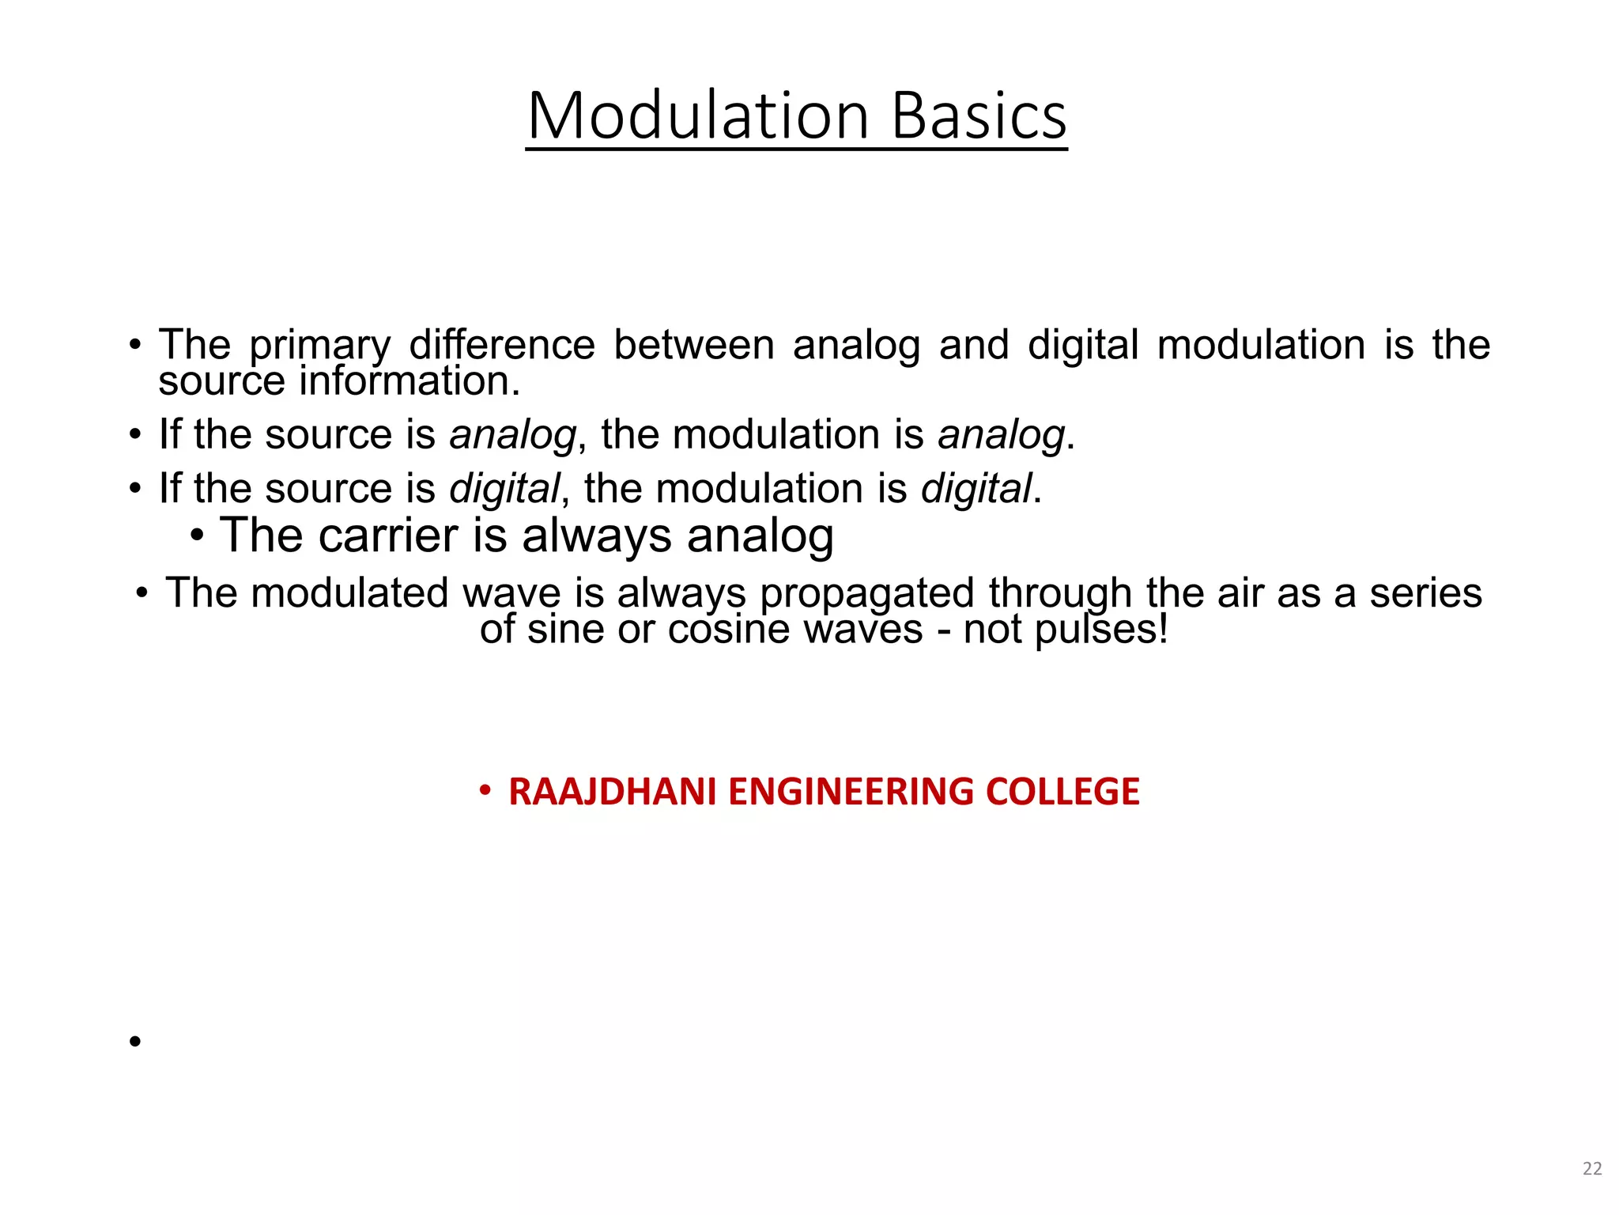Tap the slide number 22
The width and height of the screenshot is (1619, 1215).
[1592, 1168]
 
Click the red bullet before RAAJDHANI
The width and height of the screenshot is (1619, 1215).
[485, 790]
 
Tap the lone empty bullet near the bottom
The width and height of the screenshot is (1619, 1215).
[135, 1041]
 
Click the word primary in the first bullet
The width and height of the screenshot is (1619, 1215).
[319, 346]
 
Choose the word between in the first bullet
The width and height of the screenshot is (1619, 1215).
[693, 345]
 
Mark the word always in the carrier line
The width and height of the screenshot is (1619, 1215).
[596, 537]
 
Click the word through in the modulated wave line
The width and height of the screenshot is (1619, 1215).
[1059, 595]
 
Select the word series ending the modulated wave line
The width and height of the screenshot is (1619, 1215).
[1425, 593]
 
